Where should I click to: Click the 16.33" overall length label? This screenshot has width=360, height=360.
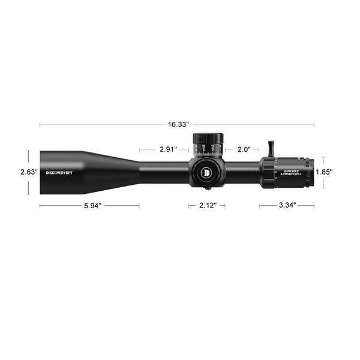[178, 124]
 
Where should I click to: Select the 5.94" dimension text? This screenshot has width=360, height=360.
[89, 206]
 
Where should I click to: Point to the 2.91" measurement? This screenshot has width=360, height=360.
[168, 149]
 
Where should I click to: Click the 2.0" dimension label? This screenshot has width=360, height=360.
[244, 149]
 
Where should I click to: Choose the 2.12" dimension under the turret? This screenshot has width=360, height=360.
[208, 206]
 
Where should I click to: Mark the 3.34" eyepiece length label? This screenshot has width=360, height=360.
[287, 206]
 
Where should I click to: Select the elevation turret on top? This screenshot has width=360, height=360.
[208, 144]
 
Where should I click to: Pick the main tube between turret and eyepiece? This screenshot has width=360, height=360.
[243, 172]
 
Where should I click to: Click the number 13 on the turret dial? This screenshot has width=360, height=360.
[203, 146]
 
